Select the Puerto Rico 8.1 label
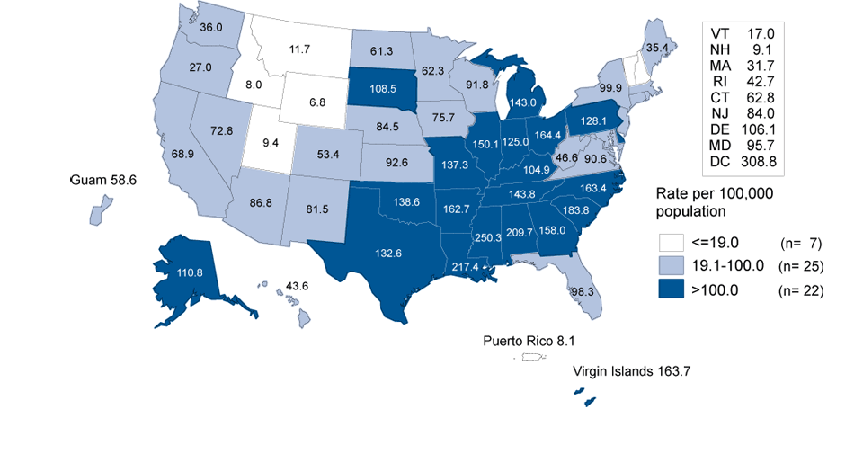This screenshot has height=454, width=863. click(527, 341)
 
